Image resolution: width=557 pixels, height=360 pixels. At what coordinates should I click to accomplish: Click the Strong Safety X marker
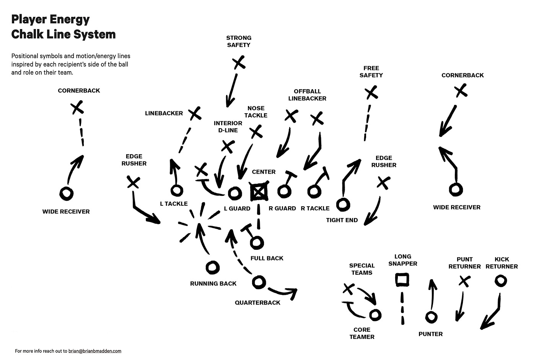[x=239, y=62]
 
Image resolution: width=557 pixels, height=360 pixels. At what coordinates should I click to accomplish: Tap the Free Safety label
[x=371, y=72]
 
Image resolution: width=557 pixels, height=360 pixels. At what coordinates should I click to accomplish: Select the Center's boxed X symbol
[x=259, y=192]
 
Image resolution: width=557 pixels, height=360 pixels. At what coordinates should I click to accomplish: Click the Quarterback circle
[x=259, y=282]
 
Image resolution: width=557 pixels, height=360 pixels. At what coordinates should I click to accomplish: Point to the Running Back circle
[x=212, y=267]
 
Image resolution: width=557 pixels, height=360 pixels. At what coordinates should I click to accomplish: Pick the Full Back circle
[x=257, y=242]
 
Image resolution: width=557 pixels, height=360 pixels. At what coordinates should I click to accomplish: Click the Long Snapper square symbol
[x=402, y=280]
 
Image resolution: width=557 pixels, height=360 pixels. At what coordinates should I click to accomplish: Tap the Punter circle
[x=431, y=317]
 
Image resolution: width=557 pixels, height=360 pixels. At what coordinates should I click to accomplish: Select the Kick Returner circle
[x=500, y=281]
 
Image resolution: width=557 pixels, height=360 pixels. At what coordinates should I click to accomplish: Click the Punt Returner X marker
[x=464, y=282]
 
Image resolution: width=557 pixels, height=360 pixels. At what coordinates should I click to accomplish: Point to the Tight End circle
[x=343, y=204]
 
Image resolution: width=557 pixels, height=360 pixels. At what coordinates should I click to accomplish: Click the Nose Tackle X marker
[x=256, y=132]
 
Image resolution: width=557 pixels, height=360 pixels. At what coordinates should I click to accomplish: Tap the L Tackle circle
[x=176, y=190]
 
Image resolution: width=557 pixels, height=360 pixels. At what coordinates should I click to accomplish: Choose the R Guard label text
[x=282, y=208]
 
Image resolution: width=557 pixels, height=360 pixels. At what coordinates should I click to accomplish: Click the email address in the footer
[x=95, y=351]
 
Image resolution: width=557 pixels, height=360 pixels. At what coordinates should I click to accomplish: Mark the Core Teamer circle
[x=375, y=315]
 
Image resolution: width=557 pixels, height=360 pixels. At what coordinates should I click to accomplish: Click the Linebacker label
[x=164, y=113]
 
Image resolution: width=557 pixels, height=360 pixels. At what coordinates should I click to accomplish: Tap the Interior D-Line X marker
[x=228, y=146]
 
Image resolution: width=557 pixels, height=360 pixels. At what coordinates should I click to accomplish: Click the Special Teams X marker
[x=348, y=289]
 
